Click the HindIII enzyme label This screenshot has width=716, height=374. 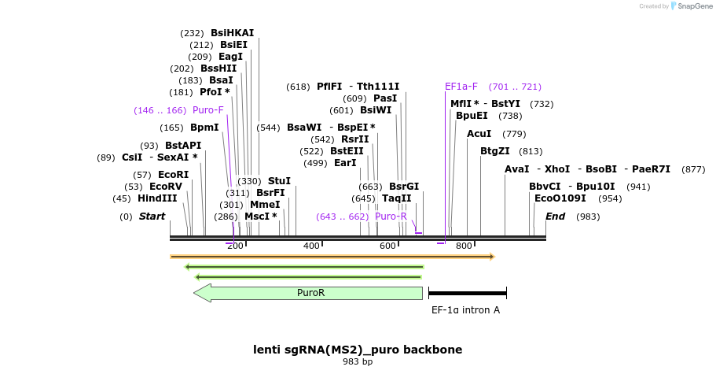click(157, 198)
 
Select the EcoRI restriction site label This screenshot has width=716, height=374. click(173, 175)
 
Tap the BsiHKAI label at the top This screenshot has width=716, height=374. click(232, 33)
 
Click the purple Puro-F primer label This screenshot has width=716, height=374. click(207, 110)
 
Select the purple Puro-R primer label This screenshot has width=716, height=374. click(391, 217)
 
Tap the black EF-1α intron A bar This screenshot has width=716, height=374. click(467, 293)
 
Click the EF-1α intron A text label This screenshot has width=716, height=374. click(465, 310)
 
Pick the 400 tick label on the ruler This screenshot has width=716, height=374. click(311, 246)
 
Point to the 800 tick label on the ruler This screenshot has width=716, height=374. click(463, 246)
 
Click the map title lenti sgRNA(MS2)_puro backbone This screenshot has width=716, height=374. click(358, 350)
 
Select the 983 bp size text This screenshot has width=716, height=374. click(358, 362)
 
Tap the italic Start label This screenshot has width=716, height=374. click(152, 217)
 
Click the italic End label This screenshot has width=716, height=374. click(555, 217)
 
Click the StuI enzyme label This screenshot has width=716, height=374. click(279, 181)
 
